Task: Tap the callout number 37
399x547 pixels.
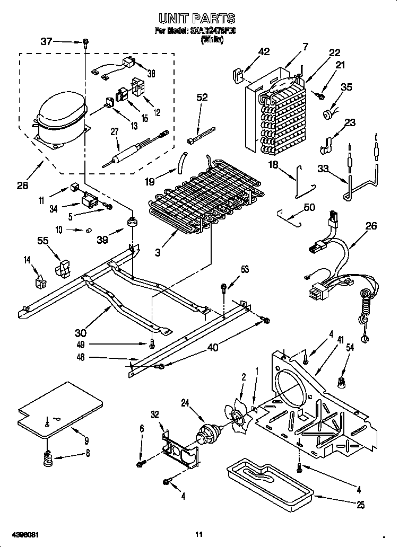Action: coord(47,41)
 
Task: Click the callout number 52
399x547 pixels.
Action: coord(202,97)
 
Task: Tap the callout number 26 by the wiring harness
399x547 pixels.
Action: coord(371,226)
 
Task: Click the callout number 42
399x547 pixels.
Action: coord(264,51)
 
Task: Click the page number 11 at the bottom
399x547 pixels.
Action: coord(198,534)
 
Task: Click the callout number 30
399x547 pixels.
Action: coord(81,332)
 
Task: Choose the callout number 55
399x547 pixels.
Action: coord(43,240)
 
